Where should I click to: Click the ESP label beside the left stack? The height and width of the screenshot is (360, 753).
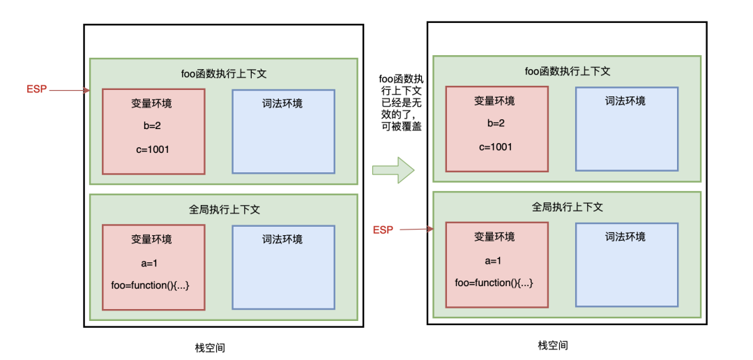[36, 89]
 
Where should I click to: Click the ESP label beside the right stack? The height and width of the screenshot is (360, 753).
[383, 230]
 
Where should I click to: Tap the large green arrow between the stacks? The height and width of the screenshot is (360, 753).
[393, 170]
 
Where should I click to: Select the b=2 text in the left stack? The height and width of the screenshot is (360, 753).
[153, 126]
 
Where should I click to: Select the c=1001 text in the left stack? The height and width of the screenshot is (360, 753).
[153, 149]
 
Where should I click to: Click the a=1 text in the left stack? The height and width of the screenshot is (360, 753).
[151, 263]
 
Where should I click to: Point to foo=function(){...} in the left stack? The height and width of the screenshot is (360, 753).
[151, 285]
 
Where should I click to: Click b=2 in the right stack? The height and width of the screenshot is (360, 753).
[496, 123]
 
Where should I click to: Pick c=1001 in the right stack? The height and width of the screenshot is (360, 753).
[496, 147]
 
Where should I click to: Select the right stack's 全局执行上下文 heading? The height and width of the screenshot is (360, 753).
[567, 207]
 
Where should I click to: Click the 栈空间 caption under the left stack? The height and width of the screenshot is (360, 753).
[210, 347]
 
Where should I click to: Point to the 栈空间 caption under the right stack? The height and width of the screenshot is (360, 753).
[553, 345]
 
